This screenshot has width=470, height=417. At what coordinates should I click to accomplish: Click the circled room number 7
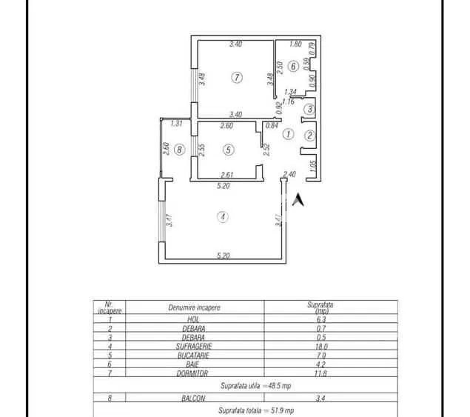(x=236, y=77)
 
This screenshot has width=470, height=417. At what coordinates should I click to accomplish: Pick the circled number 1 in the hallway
(x=289, y=134)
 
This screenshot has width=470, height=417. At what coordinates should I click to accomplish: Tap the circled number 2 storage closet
(x=310, y=135)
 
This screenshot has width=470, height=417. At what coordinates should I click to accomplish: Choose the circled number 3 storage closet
(x=310, y=110)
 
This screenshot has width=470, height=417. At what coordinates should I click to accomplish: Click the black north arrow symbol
(x=299, y=199)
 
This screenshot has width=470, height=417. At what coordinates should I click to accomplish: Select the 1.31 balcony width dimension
(x=176, y=124)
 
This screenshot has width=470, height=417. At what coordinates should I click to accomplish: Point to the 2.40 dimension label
(x=289, y=175)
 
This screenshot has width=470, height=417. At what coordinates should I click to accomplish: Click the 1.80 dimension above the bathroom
(x=295, y=44)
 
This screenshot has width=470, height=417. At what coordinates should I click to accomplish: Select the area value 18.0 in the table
(x=320, y=345)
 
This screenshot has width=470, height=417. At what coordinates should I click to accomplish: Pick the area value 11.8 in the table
(x=320, y=374)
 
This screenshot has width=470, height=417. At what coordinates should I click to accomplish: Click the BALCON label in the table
(x=192, y=398)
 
